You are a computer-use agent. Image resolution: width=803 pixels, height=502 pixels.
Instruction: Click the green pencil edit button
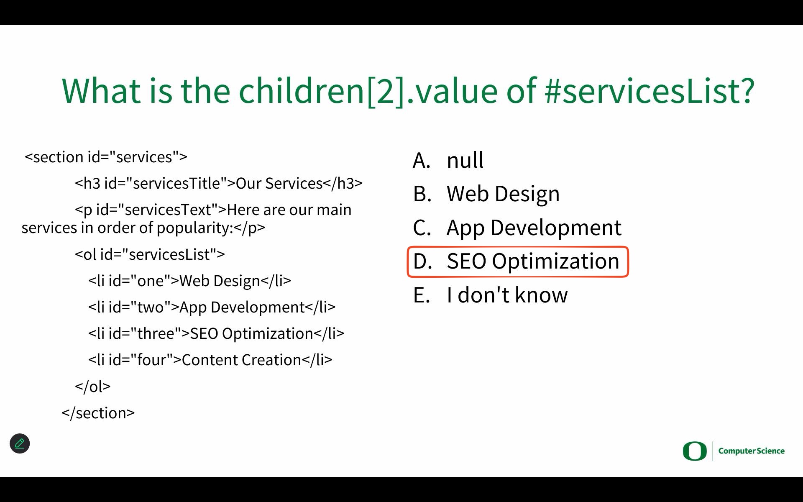(20, 443)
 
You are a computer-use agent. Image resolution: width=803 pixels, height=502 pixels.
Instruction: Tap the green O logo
(694, 451)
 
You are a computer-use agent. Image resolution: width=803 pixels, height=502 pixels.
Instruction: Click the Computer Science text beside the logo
(751, 451)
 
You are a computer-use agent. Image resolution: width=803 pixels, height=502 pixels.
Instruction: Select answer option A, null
(448, 160)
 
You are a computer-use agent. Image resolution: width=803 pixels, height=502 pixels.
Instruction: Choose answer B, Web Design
(486, 194)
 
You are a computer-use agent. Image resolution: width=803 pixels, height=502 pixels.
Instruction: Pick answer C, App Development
(517, 228)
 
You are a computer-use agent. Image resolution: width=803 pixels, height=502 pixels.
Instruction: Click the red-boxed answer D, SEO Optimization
(517, 261)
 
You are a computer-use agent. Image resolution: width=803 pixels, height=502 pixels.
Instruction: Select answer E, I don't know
(490, 295)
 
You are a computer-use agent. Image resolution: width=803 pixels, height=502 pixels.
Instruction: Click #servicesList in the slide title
(650, 90)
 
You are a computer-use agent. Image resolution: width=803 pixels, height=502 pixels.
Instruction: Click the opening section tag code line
(106, 157)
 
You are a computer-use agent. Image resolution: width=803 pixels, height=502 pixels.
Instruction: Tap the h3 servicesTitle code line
(219, 183)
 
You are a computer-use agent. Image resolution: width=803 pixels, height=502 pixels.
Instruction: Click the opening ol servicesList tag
(150, 254)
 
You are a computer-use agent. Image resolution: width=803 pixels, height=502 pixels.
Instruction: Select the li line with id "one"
(189, 281)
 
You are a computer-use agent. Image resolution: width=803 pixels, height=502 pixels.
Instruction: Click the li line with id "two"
(212, 307)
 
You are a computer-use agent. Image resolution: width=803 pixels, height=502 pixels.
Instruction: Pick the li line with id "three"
(216, 333)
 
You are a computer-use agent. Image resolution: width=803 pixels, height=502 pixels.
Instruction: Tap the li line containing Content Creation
(210, 360)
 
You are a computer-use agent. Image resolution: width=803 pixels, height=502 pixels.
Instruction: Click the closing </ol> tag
(93, 386)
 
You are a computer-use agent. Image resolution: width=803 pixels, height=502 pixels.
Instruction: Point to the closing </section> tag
(98, 413)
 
